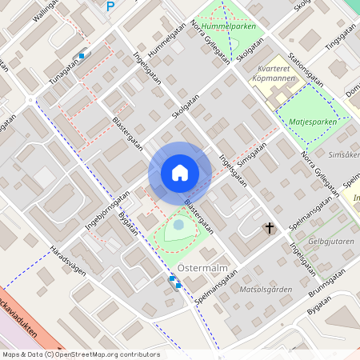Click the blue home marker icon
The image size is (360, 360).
point(179,173)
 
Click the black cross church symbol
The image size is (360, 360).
point(270,229)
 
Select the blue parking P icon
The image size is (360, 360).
point(110,6)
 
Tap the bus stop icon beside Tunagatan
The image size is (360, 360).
point(82,55)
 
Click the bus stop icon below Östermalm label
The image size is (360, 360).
point(173,281)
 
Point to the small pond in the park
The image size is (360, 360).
point(178,226)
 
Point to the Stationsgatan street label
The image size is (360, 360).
point(308,68)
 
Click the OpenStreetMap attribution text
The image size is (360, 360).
point(80,354)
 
